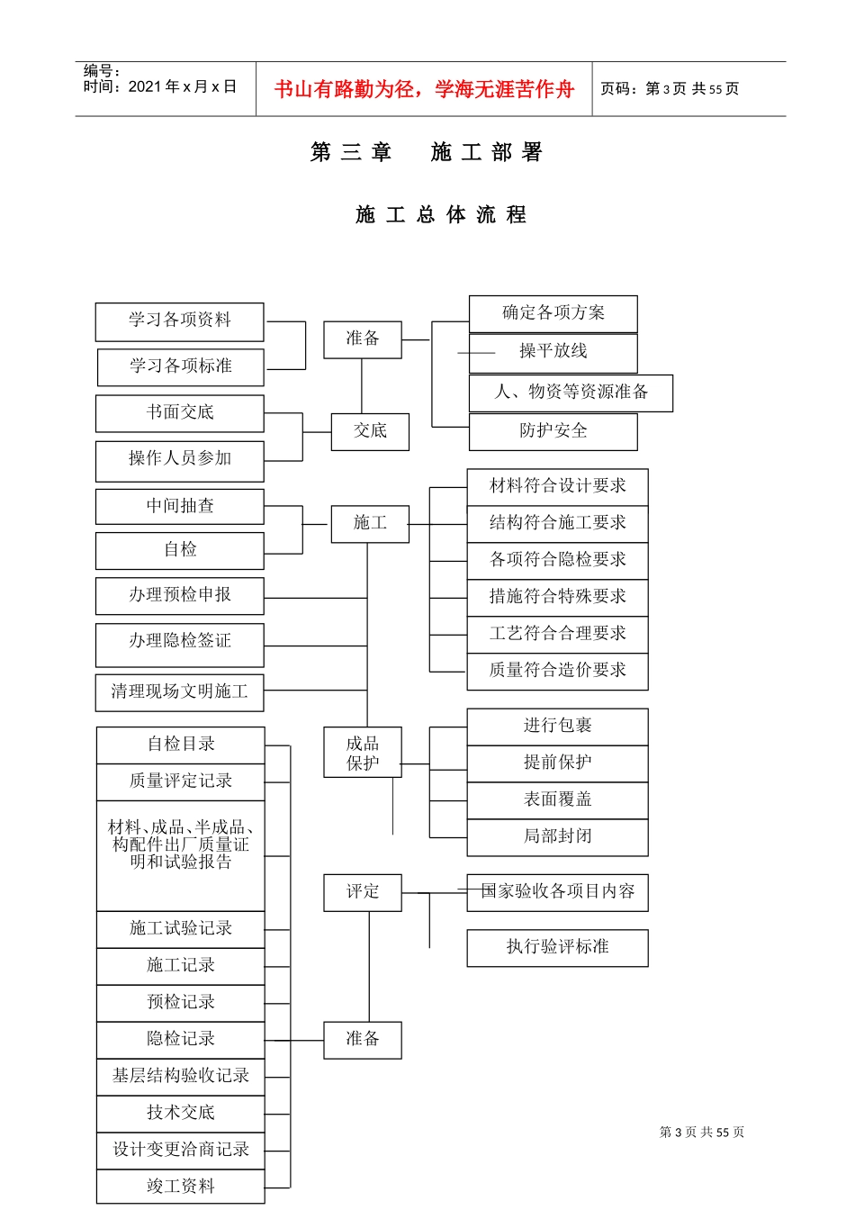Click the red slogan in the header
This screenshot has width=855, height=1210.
[424, 89]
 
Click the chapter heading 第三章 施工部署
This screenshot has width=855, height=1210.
[427, 152]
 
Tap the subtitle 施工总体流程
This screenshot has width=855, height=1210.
[441, 215]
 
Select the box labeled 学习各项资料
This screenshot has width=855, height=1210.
[180, 321]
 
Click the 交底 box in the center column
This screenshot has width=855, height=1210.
[370, 431]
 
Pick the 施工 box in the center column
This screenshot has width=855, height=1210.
[370, 523]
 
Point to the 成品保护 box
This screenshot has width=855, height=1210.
[363, 753]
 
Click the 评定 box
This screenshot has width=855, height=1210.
[363, 892]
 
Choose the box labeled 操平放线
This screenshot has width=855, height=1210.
[553, 352]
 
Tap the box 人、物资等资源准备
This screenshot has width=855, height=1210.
[571, 393]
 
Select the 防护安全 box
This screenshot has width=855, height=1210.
[553, 431]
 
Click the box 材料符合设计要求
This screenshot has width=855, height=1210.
[557, 486]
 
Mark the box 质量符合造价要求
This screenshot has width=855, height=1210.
[557, 671]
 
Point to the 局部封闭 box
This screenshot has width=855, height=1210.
[557, 836]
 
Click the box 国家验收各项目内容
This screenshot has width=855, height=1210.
[557, 892]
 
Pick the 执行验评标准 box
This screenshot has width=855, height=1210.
[557, 947]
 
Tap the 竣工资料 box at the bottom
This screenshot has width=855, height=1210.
[181, 1187]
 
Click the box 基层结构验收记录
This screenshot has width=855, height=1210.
[181, 1076]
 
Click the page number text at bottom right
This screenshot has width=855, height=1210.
[702, 1132]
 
